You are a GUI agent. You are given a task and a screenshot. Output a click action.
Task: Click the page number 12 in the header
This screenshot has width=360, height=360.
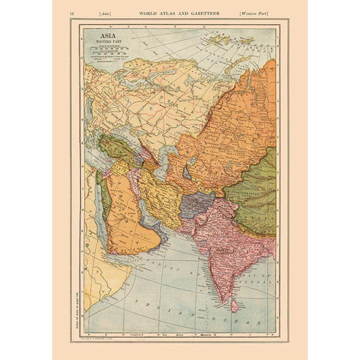[71, 13]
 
